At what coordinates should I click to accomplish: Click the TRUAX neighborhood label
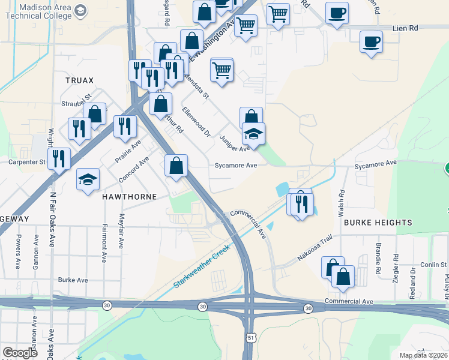click(x=80, y=80)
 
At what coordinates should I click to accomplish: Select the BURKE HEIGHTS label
click(x=378, y=223)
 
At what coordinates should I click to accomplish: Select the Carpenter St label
click(x=27, y=162)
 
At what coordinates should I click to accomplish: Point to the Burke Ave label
click(x=73, y=280)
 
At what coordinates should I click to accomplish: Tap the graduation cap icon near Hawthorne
click(x=88, y=179)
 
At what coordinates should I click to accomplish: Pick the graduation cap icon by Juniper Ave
click(x=254, y=134)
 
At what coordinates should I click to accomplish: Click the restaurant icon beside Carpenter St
click(x=59, y=158)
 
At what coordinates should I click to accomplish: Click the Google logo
click(x=20, y=352)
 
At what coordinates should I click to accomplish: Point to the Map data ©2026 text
click(x=423, y=355)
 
